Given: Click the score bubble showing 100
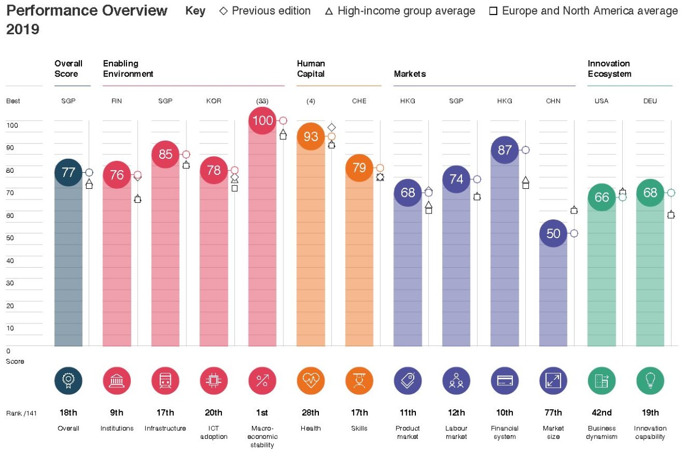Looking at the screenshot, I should pos(263,121).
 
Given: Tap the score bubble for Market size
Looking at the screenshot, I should pos(553,233).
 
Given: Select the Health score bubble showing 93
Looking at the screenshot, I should pos(311,136).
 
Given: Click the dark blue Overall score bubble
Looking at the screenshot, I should pos(69,172).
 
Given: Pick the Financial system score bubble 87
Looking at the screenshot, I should pos(505,150).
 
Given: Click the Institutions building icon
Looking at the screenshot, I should pos(117,381).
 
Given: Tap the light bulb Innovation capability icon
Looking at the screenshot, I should pos(650,381).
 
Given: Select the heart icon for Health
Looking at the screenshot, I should pos(311,381).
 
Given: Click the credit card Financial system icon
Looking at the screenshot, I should pos(505,381).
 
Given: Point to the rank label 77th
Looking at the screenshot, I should pos(553,413).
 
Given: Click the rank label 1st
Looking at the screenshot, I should pos(262,413).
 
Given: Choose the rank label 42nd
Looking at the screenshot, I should pos(601,413).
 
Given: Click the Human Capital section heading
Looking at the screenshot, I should pos(311,69).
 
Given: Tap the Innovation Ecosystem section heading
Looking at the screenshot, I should pos(609,69).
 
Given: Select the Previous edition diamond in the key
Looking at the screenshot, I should pos(223,11).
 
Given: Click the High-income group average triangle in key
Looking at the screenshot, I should pos(329,11).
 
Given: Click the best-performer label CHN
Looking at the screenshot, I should pos(553,101).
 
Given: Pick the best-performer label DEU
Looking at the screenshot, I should pos(650,101).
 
